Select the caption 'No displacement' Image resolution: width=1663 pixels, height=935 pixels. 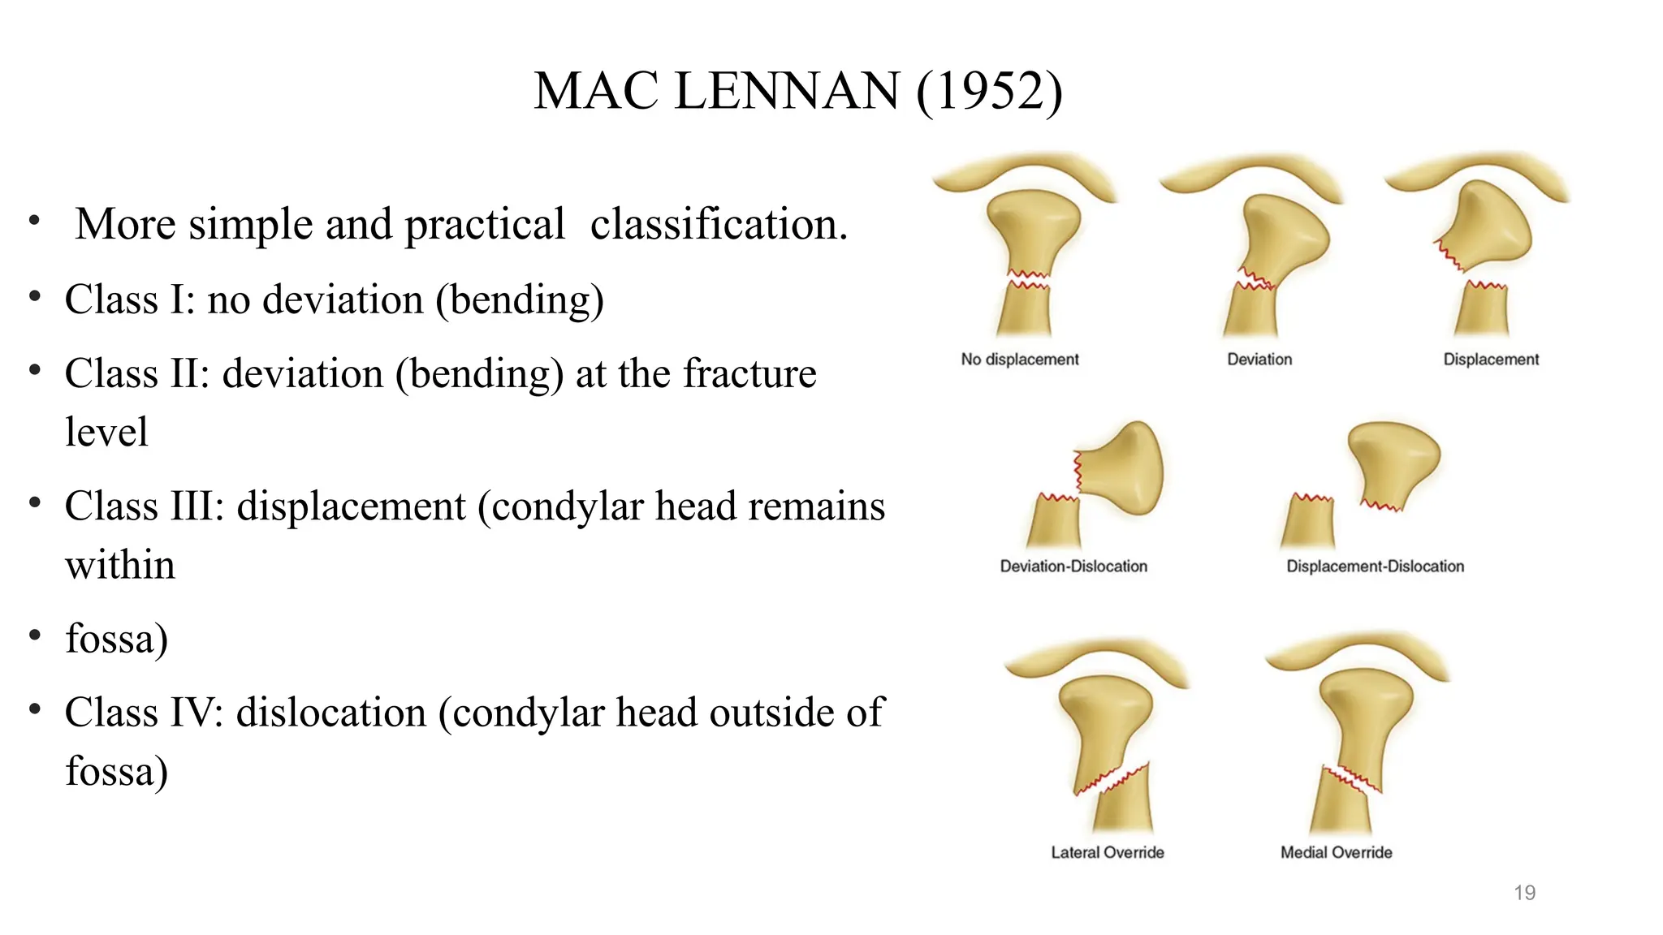click(1020, 359)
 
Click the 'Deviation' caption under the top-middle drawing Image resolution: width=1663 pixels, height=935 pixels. click(1259, 359)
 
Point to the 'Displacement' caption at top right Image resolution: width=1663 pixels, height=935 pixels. click(1491, 359)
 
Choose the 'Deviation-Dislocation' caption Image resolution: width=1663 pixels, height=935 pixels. click(1073, 566)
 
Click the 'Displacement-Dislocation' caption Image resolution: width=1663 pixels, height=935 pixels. click(1376, 566)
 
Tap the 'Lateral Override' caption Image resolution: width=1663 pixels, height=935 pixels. click(1108, 852)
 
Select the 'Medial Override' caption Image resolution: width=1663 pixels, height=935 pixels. click(1337, 852)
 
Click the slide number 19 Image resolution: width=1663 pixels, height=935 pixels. click(1524, 893)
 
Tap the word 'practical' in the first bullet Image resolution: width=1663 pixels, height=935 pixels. click(484, 224)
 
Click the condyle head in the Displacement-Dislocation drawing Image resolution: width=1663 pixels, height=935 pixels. click(1393, 463)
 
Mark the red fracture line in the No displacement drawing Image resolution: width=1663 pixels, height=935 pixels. click(1029, 280)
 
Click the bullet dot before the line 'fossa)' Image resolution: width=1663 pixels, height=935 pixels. click(34, 636)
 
